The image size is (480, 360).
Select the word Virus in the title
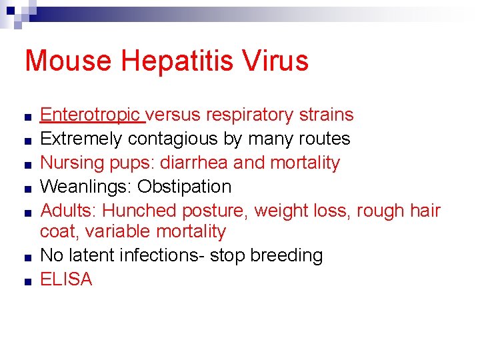coord(275,61)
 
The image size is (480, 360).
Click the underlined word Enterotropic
coord(91,115)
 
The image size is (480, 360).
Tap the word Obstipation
coord(185,187)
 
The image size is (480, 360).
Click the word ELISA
coord(66,279)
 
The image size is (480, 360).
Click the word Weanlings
coord(86,187)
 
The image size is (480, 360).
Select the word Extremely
coord(82,139)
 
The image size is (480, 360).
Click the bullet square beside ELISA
coord(24,281)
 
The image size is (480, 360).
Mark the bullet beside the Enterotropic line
coord(24,117)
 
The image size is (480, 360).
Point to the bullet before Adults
coord(24,213)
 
